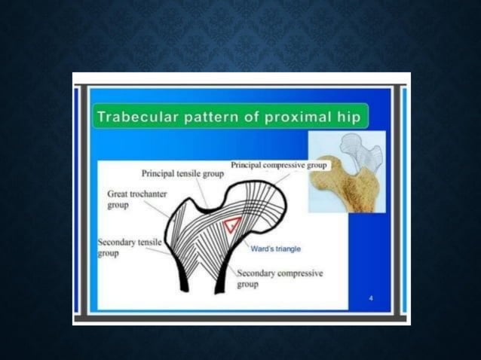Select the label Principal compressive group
click(x=278, y=164)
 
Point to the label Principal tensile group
click(x=182, y=174)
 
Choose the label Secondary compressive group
click(x=280, y=279)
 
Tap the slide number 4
click(x=371, y=299)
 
